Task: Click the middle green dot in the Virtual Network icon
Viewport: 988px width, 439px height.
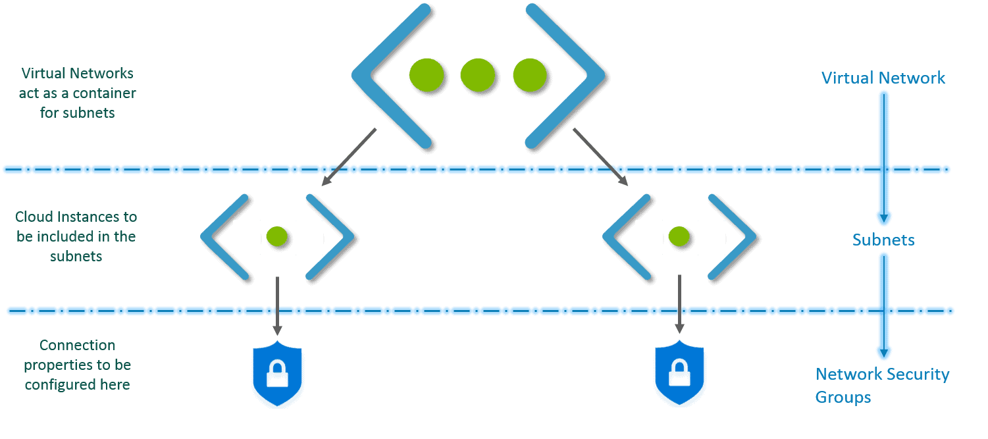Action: (x=477, y=75)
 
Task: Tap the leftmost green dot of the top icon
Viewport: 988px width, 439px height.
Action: (x=425, y=75)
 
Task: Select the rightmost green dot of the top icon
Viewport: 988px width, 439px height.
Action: (x=530, y=75)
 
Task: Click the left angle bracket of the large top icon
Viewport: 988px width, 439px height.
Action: (x=388, y=75)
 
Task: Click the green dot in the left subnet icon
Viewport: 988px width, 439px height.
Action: (x=277, y=236)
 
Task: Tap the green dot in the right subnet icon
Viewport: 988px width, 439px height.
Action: (x=679, y=236)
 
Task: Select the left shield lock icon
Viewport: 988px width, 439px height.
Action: (x=279, y=374)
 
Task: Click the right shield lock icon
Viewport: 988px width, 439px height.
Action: (x=681, y=374)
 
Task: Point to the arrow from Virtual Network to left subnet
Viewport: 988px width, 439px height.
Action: (x=349, y=157)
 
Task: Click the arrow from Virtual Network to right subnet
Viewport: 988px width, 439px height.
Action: (x=600, y=157)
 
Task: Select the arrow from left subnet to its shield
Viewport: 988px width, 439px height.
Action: (x=277, y=305)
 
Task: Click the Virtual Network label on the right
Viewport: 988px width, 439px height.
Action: (x=883, y=78)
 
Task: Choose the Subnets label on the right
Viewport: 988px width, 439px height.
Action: (x=883, y=240)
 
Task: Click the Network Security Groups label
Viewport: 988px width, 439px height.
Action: (x=882, y=386)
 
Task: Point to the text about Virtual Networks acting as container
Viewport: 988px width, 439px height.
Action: (x=77, y=93)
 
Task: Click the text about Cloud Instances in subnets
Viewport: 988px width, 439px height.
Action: (x=76, y=236)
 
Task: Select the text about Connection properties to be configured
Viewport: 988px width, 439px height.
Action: (x=77, y=365)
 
